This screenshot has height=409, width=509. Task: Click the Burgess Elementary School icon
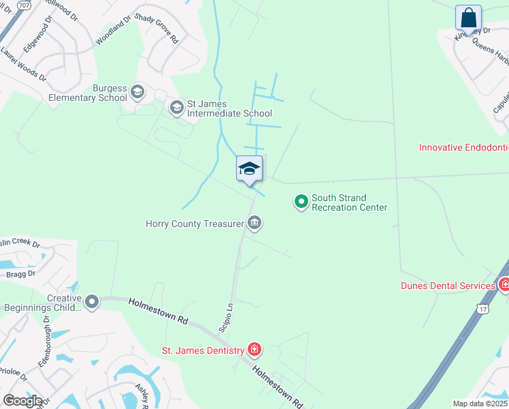137,91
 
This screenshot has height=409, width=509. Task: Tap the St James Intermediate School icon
177,107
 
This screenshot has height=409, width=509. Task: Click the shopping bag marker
468,18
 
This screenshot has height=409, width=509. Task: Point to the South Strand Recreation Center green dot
301,201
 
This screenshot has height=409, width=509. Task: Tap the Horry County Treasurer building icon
255,222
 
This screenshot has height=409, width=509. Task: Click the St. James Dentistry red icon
255,350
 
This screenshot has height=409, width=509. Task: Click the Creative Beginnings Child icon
92,301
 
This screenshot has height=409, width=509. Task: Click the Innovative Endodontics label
463,147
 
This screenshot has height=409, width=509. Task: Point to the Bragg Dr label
21,273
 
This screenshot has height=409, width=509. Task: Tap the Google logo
22,400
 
